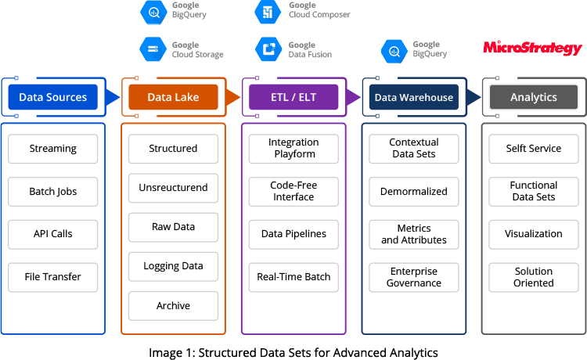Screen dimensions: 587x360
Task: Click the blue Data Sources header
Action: [52, 97]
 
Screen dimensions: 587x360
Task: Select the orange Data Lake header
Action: [173, 97]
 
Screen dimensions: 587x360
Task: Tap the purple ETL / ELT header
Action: [293, 97]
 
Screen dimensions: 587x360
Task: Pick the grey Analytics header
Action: [534, 97]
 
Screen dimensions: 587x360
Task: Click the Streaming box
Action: [52, 149]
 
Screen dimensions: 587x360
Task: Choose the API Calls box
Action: [52, 234]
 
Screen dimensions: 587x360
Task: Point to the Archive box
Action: [173, 306]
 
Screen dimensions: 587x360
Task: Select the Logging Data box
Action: [173, 266]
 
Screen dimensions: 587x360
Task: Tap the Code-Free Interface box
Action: [293, 191]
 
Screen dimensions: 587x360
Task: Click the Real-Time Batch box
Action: [293, 277]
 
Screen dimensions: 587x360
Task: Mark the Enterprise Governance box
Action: [414, 277]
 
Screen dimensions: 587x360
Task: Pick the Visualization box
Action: [534, 234]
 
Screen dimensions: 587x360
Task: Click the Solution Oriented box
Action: [534, 277]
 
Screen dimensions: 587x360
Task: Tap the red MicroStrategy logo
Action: [533, 48]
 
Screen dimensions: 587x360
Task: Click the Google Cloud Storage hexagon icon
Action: [153, 49]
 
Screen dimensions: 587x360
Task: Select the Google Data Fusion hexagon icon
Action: [268, 49]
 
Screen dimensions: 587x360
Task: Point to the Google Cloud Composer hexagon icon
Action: [268, 12]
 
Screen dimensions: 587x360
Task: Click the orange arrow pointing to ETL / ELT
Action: [233, 97]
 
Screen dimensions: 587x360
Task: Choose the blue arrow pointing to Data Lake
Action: [112, 97]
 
